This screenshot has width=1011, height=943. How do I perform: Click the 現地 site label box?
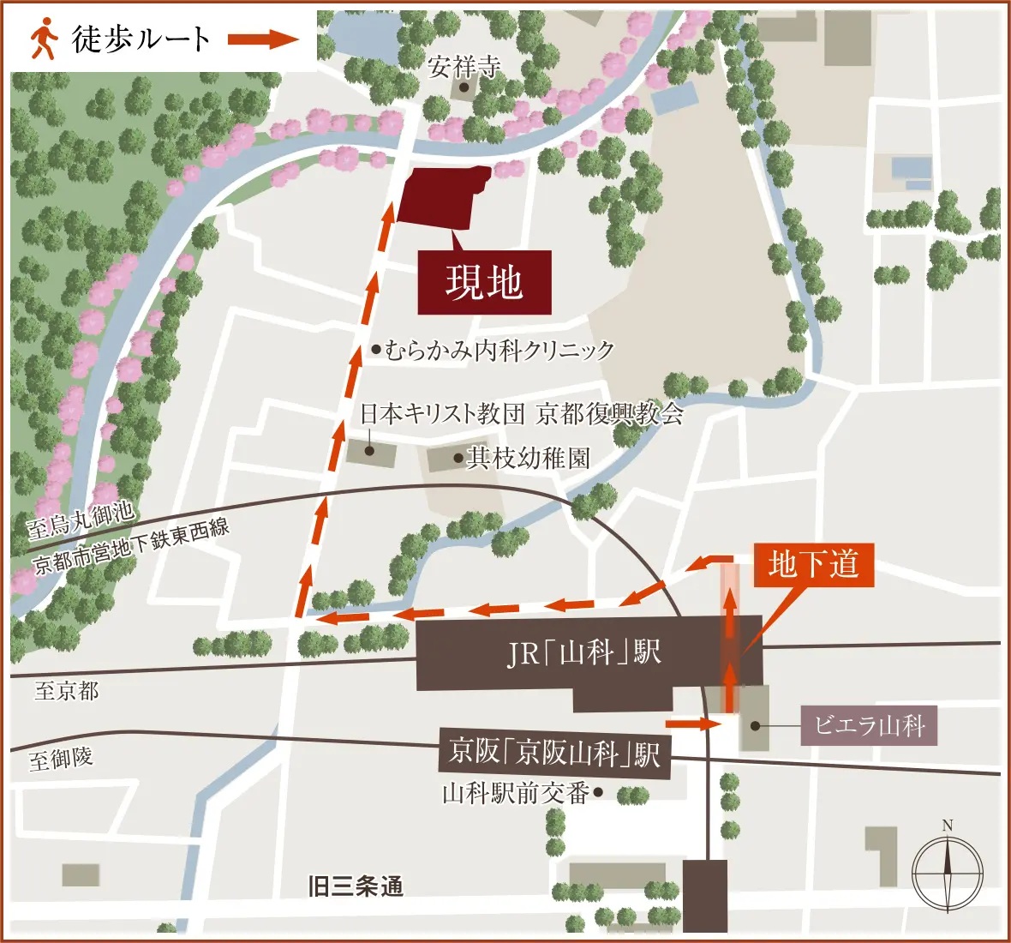click(484, 282)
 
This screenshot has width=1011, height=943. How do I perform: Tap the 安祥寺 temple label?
click(464, 67)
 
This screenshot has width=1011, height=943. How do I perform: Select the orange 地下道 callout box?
click(813, 564)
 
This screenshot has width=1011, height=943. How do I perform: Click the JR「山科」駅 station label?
click(584, 653)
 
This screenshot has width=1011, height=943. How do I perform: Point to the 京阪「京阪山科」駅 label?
click(554, 754)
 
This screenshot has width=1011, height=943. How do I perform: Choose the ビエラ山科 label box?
click(869, 726)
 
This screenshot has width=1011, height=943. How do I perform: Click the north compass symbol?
click(947, 874)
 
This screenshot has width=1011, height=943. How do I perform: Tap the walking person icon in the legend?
click(43, 39)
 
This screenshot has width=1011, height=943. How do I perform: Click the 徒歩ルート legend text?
click(141, 39)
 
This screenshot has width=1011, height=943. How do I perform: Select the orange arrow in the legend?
click(262, 39)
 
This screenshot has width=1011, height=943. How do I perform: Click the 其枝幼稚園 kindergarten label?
click(528, 458)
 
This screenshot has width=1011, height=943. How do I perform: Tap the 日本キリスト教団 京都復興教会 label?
click(521, 414)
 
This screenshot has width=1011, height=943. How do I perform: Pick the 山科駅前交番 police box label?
click(516, 793)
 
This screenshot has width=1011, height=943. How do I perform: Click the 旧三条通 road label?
click(355, 886)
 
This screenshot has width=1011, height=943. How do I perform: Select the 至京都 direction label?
click(66, 691)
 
